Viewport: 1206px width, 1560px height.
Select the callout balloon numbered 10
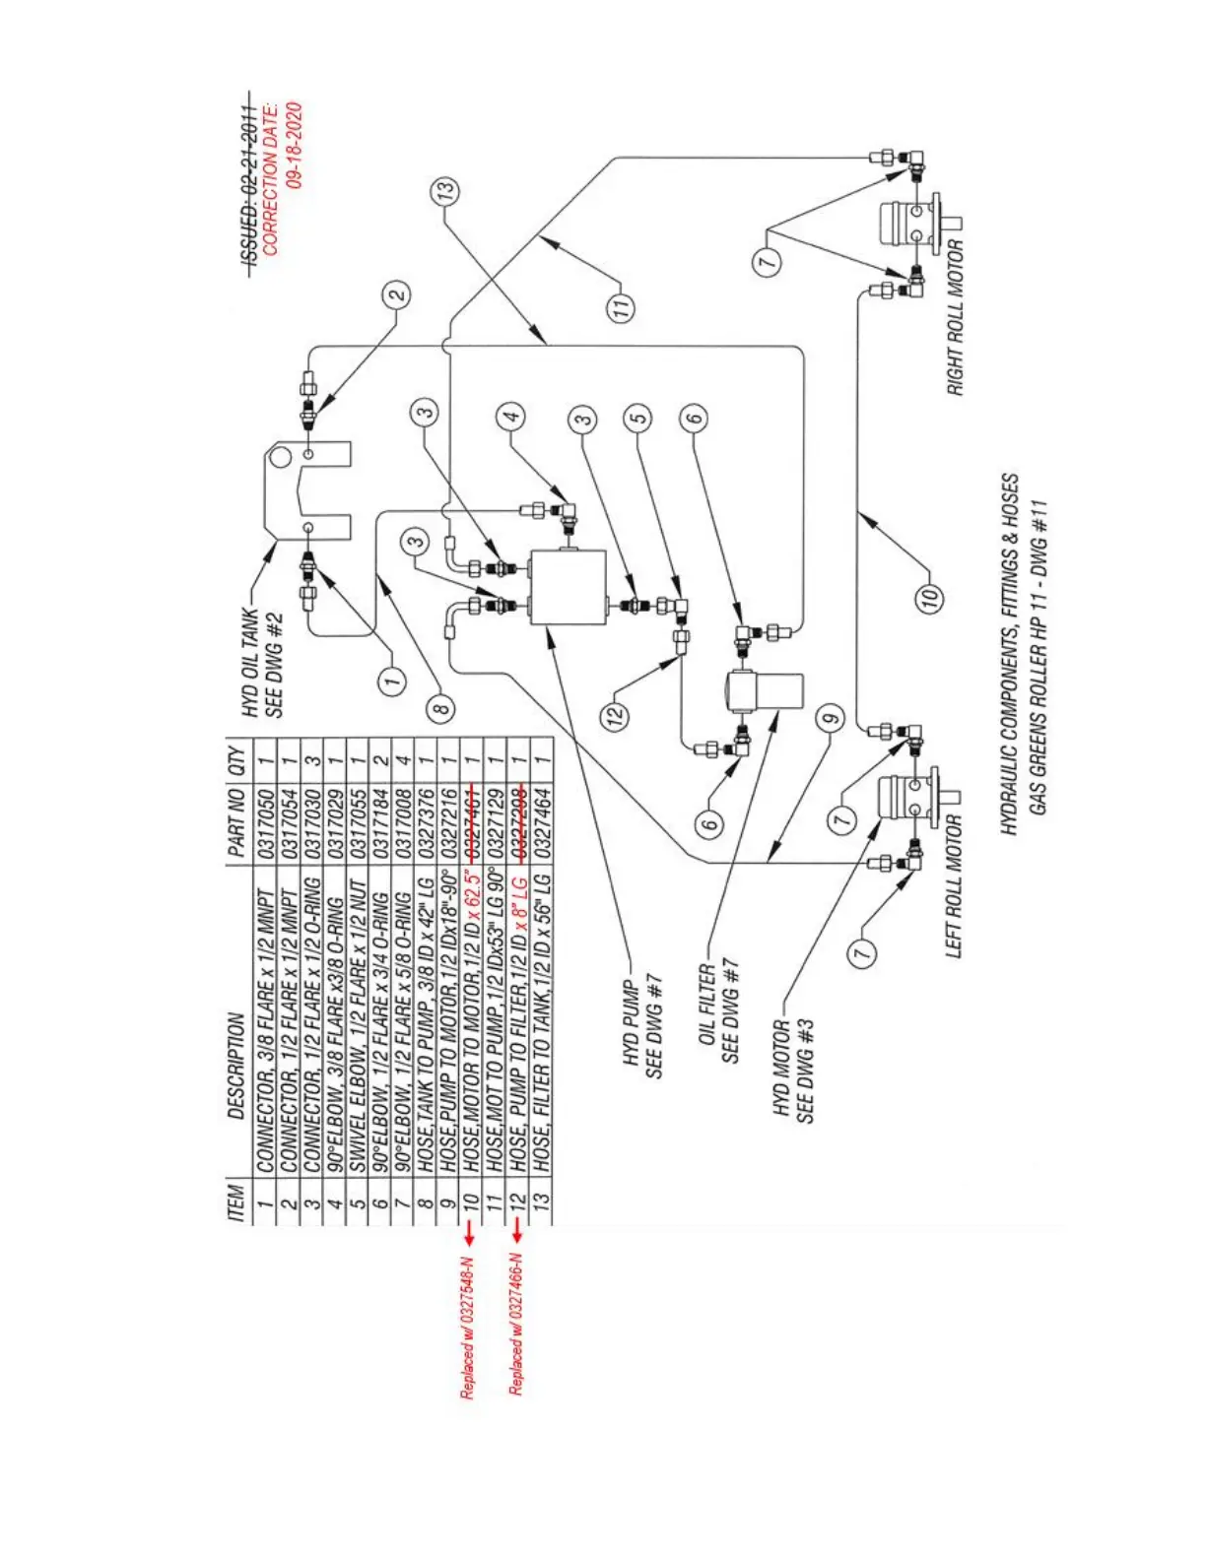point(930,597)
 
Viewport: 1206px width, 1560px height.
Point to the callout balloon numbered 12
point(615,715)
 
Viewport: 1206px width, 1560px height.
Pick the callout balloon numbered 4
point(510,416)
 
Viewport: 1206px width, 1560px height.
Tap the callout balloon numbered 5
point(638,418)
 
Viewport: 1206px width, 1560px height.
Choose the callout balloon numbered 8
point(441,705)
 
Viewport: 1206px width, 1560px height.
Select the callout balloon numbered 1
point(392,681)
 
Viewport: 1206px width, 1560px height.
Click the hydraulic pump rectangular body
point(568,588)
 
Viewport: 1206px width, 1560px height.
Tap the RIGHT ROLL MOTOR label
point(956,317)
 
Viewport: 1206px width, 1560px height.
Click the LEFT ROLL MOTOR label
point(954,884)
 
